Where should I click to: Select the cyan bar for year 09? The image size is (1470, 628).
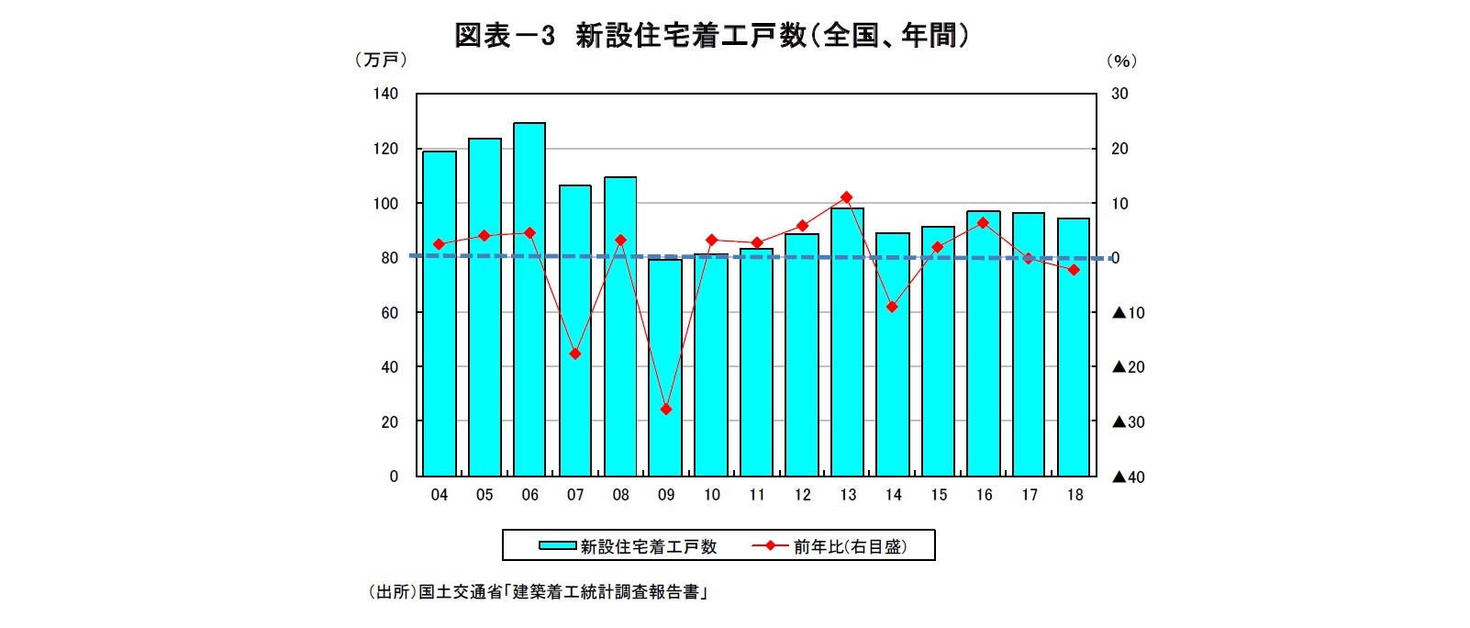point(665,367)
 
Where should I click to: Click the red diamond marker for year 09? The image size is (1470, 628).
point(666,409)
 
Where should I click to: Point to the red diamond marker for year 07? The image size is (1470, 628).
point(575,353)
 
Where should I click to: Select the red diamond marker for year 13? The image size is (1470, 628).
point(847,197)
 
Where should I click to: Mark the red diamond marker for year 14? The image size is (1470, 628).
point(892,307)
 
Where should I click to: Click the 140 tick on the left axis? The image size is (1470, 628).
point(385,94)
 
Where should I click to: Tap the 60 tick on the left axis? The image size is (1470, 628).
point(389,312)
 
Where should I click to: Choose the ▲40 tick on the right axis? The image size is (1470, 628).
point(1129,477)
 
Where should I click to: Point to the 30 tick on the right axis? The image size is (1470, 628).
point(1119,94)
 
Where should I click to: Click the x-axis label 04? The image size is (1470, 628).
point(440,495)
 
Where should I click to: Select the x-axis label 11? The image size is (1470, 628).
point(757,495)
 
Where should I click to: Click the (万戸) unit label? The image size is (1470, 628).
point(380,61)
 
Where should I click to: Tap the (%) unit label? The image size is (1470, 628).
point(1121,61)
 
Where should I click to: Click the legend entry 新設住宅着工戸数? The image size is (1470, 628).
point(648,546)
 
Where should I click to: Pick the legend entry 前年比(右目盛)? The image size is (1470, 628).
point(850,546)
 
